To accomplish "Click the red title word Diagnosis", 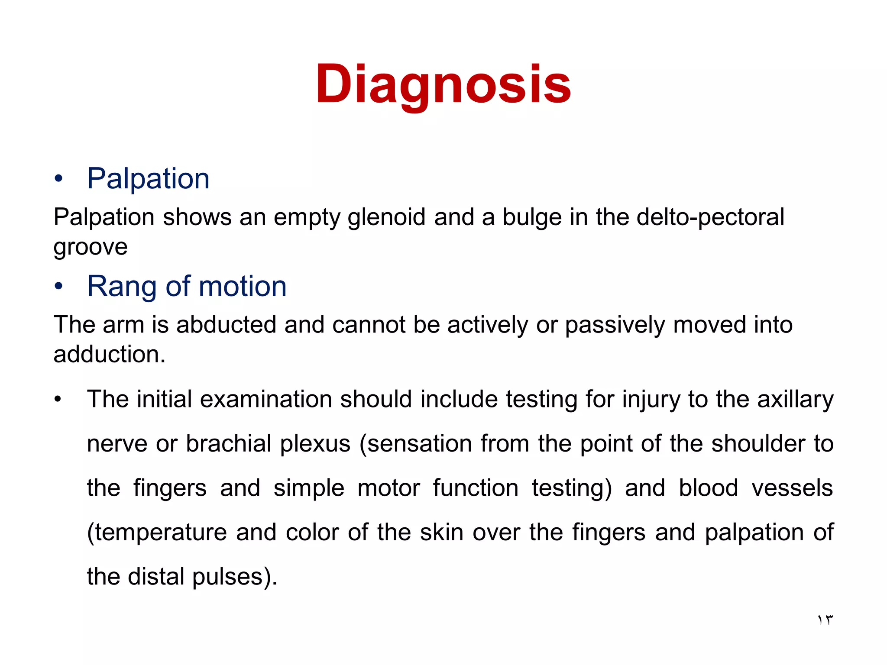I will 443,84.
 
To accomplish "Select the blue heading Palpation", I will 148,178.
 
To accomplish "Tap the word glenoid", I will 386,217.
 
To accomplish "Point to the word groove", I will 91,247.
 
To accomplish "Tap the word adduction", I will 109,355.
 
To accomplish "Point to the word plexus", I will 315,444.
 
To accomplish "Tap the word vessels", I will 792,488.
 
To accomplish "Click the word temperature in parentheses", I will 161,533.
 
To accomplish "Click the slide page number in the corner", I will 825,620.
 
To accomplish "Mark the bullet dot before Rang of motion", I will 59,287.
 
